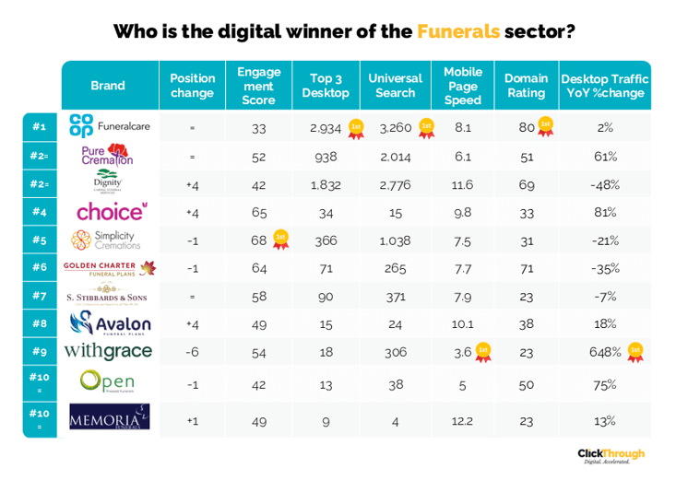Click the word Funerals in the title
pyautogui.click(x=458, y=31)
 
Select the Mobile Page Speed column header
pyautogui.click(x=462, y=86)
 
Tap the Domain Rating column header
pyautogui.click(x=526, y=86)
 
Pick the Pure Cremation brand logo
pyautogui.click(x=107, y=155)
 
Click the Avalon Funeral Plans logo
pyautogui.click(x=109, y=323)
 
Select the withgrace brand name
pyautogui.click(x=109, y=351)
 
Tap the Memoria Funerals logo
pyautogui.click(x=109, y=418)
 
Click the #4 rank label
pyautogui.click(x=40, y=212)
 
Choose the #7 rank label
pyautogui.click(x=40, y=296)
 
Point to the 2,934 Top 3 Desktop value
pyautogui.click(x=326, y=128)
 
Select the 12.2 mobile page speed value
pyautogui.click(x=462, y=420)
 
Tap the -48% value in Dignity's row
pyautogui.click(x=605, y=184)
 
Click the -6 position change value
pyautogui.click(x=192, y=352)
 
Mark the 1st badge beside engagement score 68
pyautogui.click(x=280, y=240)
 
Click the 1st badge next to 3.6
pyautogui.click(x=482, y=351)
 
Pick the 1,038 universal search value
pyautogui.click(x=395, y=240)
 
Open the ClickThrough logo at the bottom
pyautogui.click(x=611, y=455)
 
